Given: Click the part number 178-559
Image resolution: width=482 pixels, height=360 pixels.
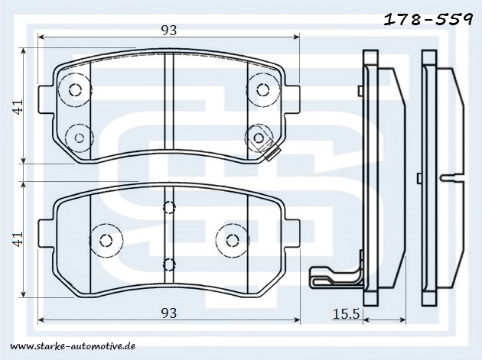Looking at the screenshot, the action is point(428,19).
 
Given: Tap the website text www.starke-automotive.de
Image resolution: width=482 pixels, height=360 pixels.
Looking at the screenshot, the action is point(73,346).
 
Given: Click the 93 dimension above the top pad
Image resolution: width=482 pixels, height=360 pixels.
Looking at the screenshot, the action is point(169,31).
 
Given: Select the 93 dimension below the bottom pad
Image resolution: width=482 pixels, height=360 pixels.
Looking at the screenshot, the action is point(169,313).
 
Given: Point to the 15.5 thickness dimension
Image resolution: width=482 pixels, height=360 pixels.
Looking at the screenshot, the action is point(346,314).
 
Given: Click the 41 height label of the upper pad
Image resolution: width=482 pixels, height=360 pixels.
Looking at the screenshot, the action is point(18,106).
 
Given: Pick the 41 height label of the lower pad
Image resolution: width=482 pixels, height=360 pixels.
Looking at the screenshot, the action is point(18,239).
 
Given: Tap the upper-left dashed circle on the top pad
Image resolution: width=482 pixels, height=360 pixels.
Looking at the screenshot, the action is point(75,89).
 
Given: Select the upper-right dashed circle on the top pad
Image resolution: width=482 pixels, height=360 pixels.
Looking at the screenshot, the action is point(263,89).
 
